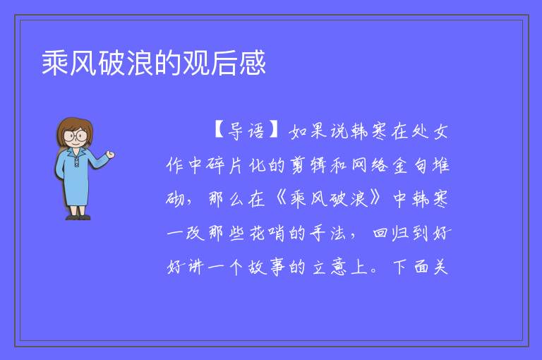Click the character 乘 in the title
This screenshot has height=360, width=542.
pyautogui.click(x=54, y=63)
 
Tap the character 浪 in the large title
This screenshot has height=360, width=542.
pyautogui.click(x=140, y=63)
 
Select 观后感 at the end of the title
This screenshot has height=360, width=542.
pyautogui.click(x=224, y=63)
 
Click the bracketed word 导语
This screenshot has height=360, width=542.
pyautogui.click(x=246, y=131)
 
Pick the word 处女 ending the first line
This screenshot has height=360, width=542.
pyautogui.click(x=430, y=131)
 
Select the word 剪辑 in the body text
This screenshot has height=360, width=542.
pyautogui.click(x=308, y=165)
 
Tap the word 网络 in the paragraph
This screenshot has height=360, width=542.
pyautogui.click(x=370, y=165)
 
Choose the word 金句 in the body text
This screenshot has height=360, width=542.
pyautogui.click(x=409, y=165)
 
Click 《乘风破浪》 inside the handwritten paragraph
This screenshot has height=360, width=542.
pyautogui.click(x=328, y=199)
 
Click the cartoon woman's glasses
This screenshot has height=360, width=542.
pyautogui.click(x=76, y=135)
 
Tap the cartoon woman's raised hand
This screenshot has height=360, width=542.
pyautogui.click(x=110, y=155)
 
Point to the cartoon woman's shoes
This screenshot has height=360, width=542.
pyautogui.click(x=78, y=217)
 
